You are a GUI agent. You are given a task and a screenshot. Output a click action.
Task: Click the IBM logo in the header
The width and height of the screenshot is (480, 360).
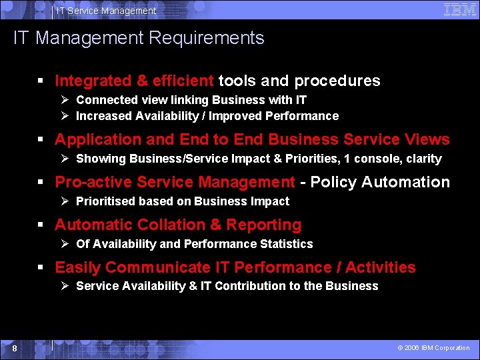coord(459,9)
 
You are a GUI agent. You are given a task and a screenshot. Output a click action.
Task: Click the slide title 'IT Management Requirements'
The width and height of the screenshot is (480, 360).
coord(139,38)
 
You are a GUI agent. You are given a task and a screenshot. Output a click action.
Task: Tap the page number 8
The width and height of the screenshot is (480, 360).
coord(14,348)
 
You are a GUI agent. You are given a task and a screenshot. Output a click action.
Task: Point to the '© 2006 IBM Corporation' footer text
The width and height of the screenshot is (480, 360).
coord(433,348)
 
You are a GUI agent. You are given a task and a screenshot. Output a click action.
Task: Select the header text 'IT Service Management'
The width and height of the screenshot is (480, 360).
coord(106,11)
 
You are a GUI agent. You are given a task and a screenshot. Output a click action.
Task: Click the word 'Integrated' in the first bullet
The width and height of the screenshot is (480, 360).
coord(93,81)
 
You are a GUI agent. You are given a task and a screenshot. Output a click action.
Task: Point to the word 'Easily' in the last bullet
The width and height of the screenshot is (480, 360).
coord(77,268)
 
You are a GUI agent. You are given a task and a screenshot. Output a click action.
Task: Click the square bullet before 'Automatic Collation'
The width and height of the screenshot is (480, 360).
coord(42,225)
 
